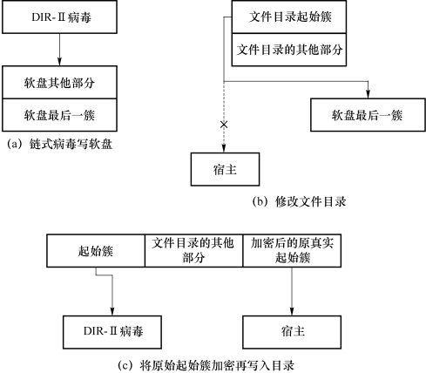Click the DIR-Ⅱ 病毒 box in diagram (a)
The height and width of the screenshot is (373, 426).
[x=59, y=17]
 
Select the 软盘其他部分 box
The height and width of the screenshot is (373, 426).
[x=59, y=82]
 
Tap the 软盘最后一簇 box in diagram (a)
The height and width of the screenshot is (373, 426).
[x=59, y=115]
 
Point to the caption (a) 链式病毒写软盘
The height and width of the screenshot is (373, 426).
[x=59, y=144]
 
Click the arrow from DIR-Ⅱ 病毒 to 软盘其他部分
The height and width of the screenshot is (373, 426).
[x=59, y=50]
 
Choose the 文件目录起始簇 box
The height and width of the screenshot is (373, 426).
[x=289, y=17]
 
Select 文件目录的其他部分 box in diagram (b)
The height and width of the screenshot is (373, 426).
[x=289, y=50]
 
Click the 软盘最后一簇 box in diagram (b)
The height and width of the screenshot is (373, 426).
[x=368, y=115]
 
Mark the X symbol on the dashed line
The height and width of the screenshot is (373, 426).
[x=224, y=125]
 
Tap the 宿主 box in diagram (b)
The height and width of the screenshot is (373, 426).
[x=225, y=169]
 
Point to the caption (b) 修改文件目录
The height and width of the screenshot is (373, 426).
[x=299, y=201]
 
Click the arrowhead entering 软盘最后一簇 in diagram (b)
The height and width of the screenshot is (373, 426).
[x=368, y=94]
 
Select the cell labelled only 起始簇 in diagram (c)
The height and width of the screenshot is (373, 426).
[x=96, y=250]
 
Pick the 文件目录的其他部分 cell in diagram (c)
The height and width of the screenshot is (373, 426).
[x=193, y=250]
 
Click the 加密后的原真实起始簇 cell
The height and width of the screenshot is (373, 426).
[x=292, y=250]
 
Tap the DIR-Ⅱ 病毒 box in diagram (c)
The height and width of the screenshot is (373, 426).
[x=112, y=332]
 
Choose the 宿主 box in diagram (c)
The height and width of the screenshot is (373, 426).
[x=292, y=332]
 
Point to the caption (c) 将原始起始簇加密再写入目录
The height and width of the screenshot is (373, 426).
[x=206, y=365]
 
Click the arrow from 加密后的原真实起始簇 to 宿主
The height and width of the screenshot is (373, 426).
[x=292, y=291]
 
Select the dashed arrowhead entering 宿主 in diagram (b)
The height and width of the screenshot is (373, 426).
[x=224, y=149]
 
